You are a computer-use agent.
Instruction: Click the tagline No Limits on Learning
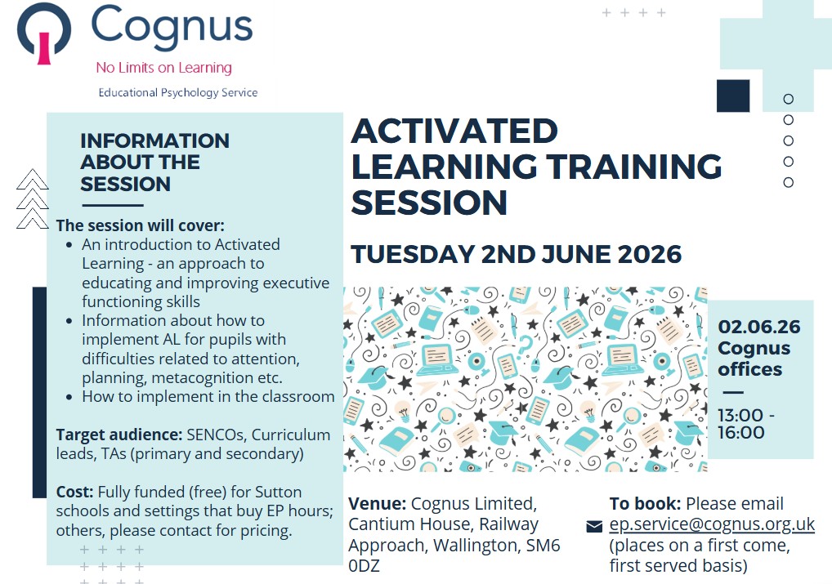point(164,68)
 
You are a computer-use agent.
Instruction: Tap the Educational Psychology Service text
point(177,93)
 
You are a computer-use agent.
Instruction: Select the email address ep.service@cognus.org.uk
point(712,524)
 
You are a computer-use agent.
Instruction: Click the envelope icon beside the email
point(594,526)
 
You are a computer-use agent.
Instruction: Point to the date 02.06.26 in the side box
point(758,327)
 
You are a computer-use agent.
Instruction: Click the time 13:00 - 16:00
point(746,424)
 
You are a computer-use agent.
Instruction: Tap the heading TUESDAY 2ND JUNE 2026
point(516,254)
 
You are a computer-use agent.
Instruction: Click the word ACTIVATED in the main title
point(454,131)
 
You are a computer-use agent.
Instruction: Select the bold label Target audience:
point(119,435)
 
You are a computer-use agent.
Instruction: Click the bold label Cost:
point(75,492)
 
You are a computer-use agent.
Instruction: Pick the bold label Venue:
point(378,503)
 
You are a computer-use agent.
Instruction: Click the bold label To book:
point(645,503)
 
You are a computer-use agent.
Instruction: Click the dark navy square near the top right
point(733,96)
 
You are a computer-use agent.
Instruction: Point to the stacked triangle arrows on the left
point(33,199)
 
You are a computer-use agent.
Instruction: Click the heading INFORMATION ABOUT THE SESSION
point(155,163)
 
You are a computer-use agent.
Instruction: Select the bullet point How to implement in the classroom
point(208,397)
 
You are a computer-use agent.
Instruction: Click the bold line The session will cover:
point(141,225)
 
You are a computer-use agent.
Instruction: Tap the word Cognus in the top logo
point(172,26)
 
